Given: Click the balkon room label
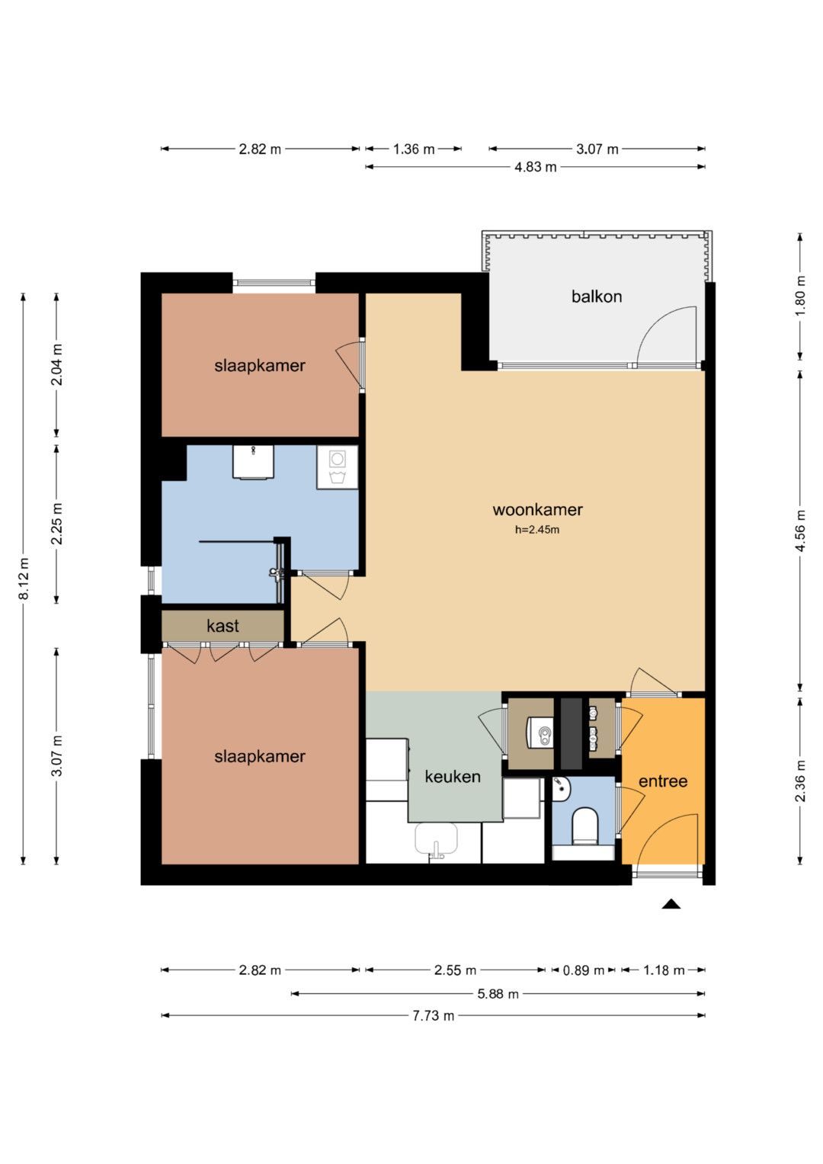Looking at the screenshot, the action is tap(596, 297).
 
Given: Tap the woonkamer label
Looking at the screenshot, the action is tap(537, 510).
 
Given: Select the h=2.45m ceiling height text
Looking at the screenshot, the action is tap(536, 530).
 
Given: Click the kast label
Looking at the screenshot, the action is tap(223, 626).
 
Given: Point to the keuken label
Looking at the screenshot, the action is tap(452, 776).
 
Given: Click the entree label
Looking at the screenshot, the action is tap(662, 781).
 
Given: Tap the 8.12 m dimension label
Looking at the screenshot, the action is tap(24, 579).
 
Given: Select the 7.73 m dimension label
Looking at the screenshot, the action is tap(434, 1015).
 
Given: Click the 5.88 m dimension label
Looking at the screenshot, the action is tap(498, 993).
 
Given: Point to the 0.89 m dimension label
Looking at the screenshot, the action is tap(584, 970).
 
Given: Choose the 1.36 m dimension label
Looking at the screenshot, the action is tap(414, 149).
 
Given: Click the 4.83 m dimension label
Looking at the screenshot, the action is tap(535, 167).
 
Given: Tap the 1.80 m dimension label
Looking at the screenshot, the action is tap(800, 296).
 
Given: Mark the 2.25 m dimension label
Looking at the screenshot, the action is tap(56, 524).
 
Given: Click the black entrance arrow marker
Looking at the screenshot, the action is tap(671, 903).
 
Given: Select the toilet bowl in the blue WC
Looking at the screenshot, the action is tap(585, 826).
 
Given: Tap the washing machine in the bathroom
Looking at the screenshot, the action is tap(337, 467).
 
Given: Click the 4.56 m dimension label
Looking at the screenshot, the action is tap(800, 531).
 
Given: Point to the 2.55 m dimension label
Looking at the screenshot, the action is tap(455, 970).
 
